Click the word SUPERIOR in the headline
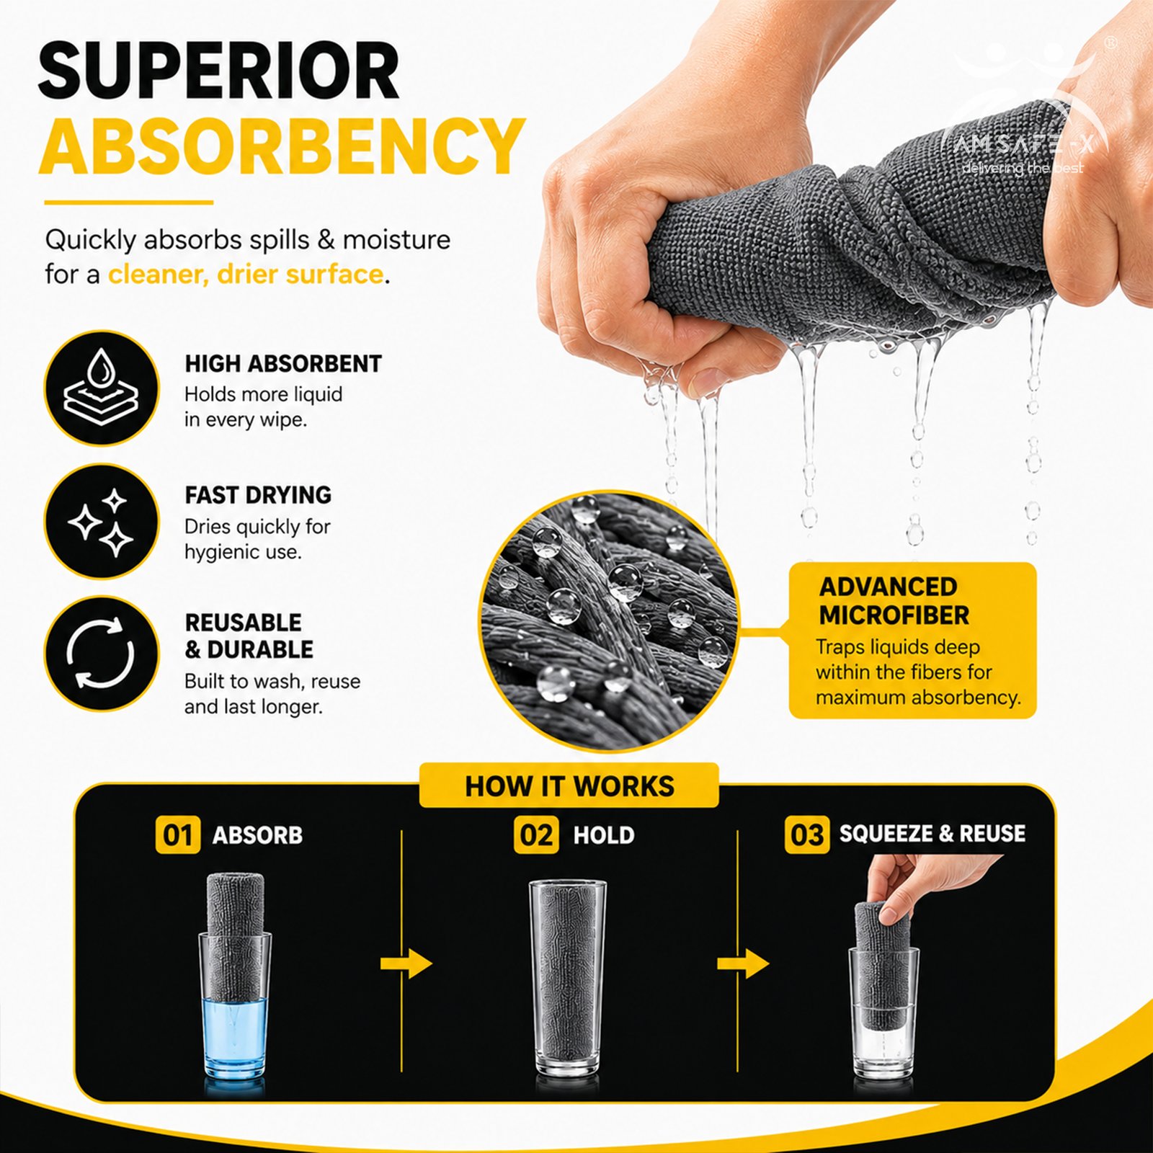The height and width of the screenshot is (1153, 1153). tap(218, 71)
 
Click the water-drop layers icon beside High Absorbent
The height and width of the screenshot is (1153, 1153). tap(102, 388)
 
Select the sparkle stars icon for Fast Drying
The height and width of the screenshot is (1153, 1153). tap(102, 521)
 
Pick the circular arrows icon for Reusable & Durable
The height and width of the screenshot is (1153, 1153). tap(102, 654)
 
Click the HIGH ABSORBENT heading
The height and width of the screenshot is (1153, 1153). tap(283, 364)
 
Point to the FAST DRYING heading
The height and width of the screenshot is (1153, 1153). tap(258, 495)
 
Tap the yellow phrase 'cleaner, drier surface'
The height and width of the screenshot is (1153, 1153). tap(246, 275)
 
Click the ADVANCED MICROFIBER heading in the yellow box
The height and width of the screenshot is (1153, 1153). tap(894, 601)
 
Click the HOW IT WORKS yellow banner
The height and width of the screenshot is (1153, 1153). tap(569, 785)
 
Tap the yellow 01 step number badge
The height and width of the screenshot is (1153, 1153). tap(178, 835)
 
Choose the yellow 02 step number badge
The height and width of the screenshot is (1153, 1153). tap(536, 835)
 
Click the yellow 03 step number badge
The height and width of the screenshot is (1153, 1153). tap(807, 834)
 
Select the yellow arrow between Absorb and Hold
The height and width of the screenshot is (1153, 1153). tap(406, 964)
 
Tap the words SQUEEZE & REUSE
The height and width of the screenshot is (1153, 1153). tap(932, 834)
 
